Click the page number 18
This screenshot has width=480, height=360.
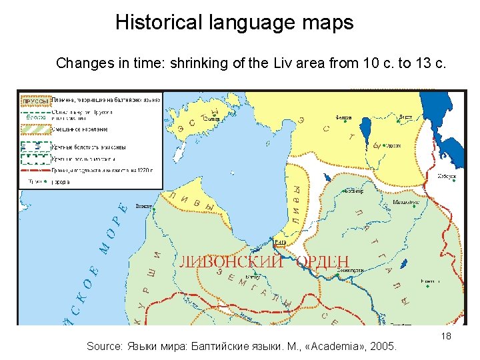(x=446, y=336)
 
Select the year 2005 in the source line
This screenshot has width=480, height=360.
(x=383, y=347)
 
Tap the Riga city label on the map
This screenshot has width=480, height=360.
(x=281, y=241)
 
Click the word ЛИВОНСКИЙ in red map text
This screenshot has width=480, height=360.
(x=229, y=261)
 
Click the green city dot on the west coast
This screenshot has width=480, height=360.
(x=154, y=210)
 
